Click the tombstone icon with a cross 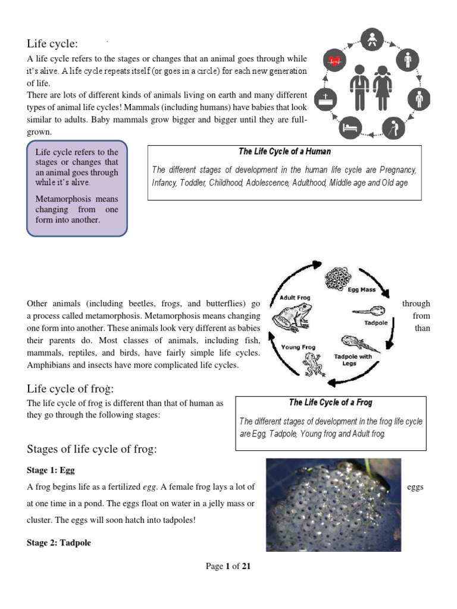pyautogui.click(x=330, y=98)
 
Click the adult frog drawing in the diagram pyautogui.click(x=290, y=315)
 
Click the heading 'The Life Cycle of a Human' pyautogui.click(x=284, y=152)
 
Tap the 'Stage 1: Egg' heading pyautogui.click(x=51, y=470)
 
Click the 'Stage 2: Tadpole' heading pyautogui.click(x=59, y=543)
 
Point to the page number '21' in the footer pyautogui.click(x=246, y=566)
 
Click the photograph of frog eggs pyautogui.click(x=333, y=505)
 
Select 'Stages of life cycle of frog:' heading pyautogui.click(x=92, y=449)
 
